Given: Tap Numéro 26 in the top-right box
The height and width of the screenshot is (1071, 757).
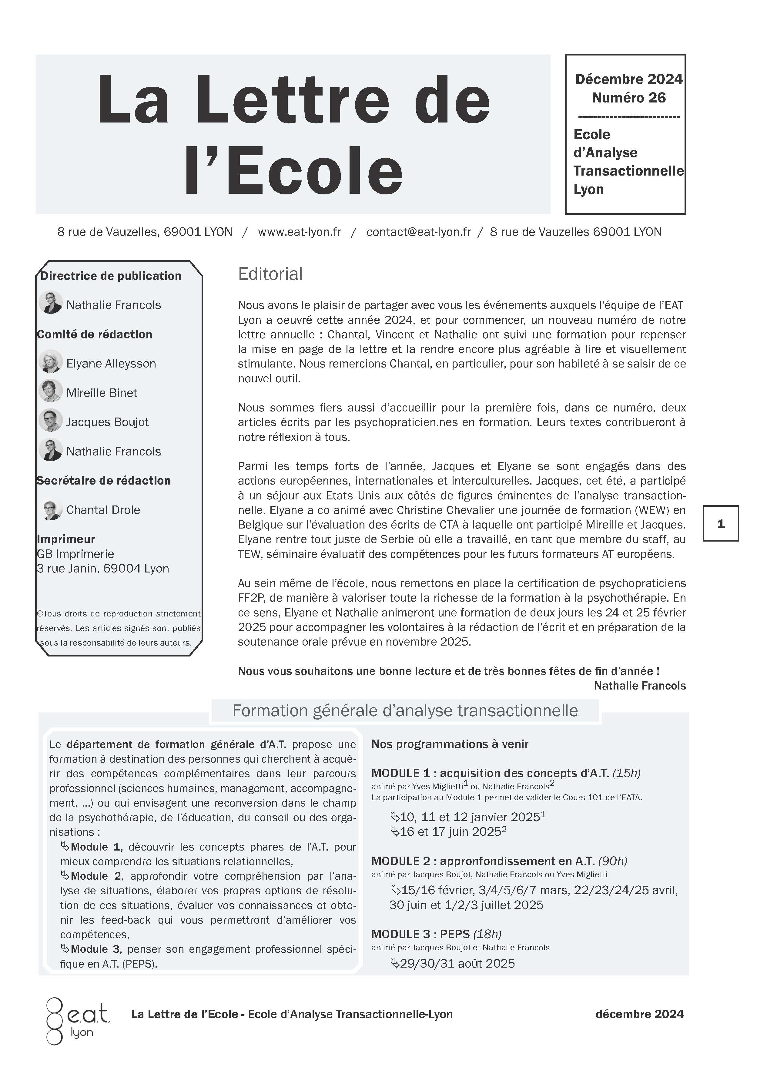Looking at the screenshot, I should [x=629, y=98].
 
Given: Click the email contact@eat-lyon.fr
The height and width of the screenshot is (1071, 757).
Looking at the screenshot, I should [x=418, y=232].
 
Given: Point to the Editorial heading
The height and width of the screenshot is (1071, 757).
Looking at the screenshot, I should [x=270, y=274].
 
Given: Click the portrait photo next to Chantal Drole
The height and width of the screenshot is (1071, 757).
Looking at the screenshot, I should [x=50, y=509].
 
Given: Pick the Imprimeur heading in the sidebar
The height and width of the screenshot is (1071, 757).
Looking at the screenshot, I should [x=66, y=539].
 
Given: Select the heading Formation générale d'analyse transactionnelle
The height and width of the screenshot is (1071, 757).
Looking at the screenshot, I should [x=405, y=710].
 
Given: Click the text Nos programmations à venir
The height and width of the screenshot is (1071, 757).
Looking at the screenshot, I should [x=450, y=744].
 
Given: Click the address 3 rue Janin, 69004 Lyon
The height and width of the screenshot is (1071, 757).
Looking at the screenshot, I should [x=102, y=568].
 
